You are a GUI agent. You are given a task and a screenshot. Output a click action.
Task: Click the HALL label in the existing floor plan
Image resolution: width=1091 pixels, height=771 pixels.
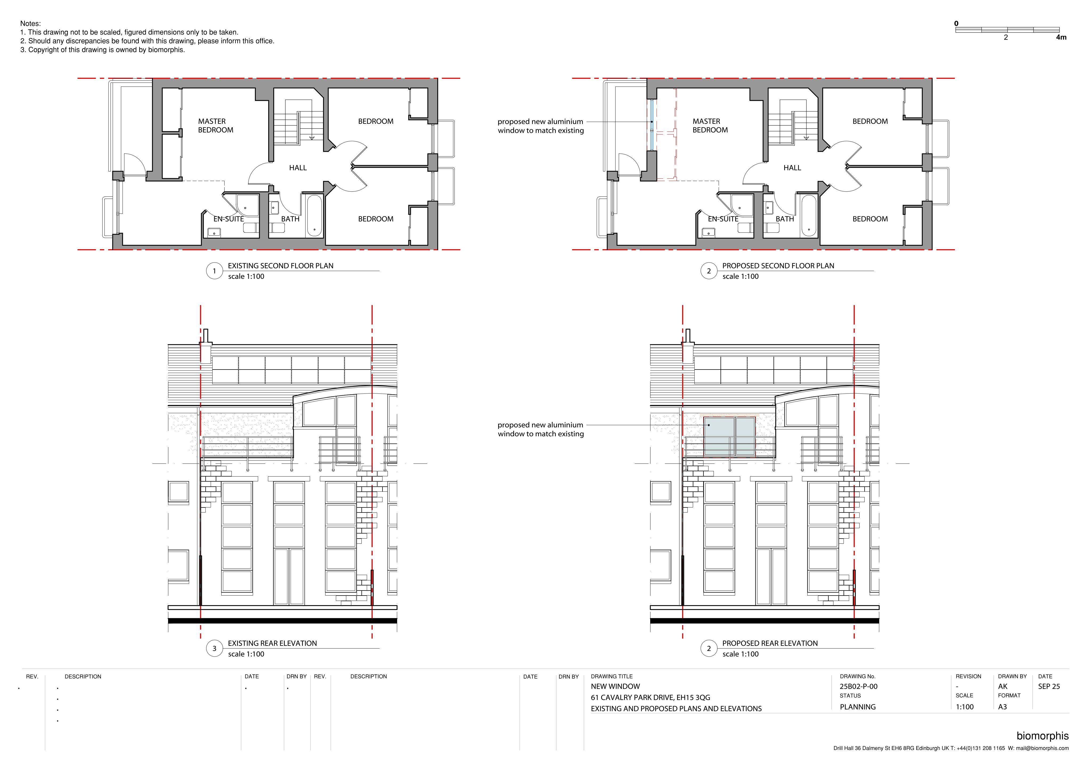298,168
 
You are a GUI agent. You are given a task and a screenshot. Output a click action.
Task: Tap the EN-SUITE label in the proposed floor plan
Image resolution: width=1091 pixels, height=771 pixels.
723,219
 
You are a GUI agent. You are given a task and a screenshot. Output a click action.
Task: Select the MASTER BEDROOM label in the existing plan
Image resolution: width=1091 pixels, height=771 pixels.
216,125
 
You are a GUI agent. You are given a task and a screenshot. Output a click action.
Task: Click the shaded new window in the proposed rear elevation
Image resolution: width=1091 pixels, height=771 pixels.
729,436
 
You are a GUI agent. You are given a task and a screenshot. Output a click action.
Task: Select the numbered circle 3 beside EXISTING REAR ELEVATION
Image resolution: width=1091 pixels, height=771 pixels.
214,649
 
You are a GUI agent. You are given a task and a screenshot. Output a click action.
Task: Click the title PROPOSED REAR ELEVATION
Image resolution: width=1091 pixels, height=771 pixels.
770,643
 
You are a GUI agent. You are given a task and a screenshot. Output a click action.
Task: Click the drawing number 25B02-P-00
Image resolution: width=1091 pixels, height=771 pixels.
859,686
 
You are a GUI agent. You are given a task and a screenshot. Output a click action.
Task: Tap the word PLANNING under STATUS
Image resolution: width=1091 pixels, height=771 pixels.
858,707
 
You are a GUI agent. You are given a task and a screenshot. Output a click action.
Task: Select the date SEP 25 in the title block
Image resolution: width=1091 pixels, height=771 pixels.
1049,686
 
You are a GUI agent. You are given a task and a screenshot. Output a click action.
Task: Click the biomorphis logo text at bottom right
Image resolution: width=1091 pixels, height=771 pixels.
1043,736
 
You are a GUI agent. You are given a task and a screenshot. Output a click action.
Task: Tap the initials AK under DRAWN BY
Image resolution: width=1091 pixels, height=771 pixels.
1003,686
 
